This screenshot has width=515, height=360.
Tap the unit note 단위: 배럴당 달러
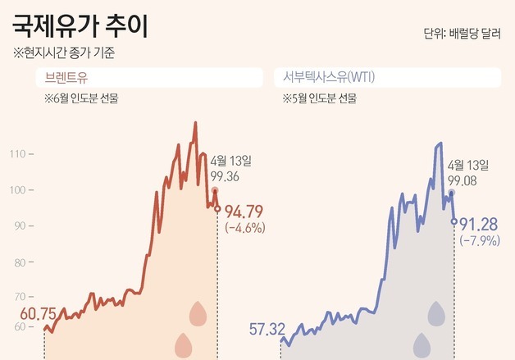pos(463,34)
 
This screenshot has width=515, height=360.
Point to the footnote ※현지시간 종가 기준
pos(64,54)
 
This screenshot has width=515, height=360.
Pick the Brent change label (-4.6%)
pos(244,228)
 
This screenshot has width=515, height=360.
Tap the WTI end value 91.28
pos(481,224)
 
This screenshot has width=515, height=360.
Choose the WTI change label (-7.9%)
pos(479,240)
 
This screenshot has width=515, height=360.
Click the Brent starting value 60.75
pos(37,314)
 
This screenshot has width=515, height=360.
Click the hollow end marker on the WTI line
pos(455,221)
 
